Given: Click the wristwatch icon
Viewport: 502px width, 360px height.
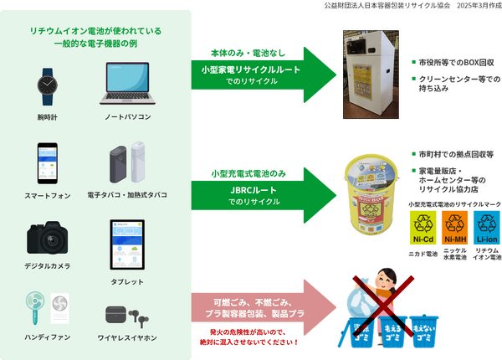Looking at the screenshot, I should (47, 85).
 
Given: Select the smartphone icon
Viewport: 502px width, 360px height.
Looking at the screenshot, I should (47, 164).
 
